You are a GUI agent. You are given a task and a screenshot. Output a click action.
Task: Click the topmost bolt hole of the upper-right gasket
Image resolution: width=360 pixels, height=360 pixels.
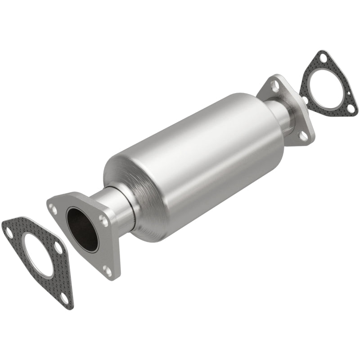click(320, 57)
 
